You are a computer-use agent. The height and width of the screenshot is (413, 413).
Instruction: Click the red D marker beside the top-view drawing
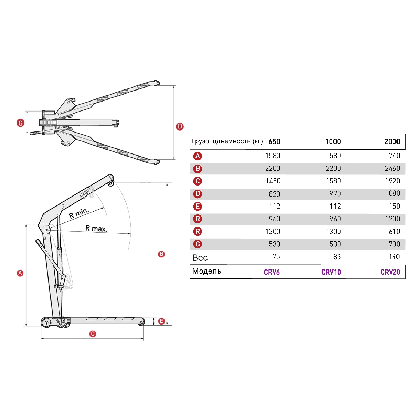click(180, 127)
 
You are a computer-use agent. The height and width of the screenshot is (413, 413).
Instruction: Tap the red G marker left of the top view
click(21, 123)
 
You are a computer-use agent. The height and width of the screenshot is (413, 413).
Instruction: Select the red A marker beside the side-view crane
click(20, 273)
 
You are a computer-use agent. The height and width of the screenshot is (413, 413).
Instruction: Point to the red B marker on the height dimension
click(161, 254)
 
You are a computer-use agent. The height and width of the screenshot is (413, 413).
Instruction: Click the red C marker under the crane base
click(93, 334)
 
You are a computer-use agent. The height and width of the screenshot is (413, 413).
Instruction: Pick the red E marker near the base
click(161, 321)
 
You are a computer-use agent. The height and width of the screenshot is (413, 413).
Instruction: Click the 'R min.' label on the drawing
click(79, 213)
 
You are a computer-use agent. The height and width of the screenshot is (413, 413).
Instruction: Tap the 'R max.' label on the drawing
click(96, 228)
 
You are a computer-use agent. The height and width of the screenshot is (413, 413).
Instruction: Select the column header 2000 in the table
click(392, 141)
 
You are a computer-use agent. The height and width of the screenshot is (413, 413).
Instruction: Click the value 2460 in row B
click(392, 168)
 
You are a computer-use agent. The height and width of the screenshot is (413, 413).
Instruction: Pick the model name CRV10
click(331, 272)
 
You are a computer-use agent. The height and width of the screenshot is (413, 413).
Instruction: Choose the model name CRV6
click(272, 272)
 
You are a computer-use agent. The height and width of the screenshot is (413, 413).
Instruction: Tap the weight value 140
click(394, 257)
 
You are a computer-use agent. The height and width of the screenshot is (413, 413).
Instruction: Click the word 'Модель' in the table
click(206, 271)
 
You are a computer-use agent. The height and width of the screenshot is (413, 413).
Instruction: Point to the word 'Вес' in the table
click(200, 258)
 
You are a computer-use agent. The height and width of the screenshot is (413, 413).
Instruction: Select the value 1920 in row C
click(392, 181)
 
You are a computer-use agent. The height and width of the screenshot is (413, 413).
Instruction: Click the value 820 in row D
click(274, 194)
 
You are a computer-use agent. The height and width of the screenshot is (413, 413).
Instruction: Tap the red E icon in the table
click(198, 206)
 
